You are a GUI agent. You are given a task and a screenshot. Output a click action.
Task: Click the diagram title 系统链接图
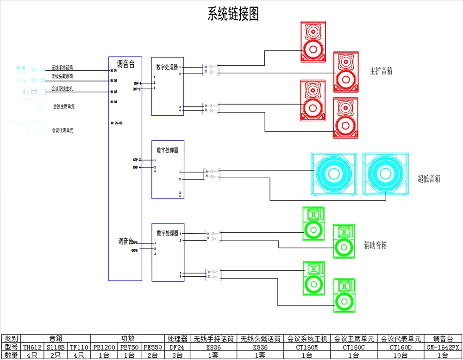pos(233,14)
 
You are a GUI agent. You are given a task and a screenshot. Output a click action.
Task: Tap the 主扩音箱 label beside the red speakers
pos(381,71)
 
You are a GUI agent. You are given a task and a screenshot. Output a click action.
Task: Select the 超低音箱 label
pos(429,179)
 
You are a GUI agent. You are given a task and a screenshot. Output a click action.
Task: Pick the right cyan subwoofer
pos(386,174)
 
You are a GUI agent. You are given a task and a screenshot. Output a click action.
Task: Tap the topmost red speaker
pos(313,42)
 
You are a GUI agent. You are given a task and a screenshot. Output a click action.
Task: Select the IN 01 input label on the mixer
pos(114,71)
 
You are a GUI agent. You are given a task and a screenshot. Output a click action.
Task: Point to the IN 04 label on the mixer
pos(114,101)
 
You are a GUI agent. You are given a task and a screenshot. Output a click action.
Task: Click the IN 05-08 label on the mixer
pos(117,123)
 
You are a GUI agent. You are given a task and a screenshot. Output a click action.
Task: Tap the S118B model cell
pos(56,347)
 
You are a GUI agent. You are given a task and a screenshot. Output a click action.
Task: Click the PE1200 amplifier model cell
pos(104,347)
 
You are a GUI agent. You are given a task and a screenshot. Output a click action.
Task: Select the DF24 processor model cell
pos(176,347)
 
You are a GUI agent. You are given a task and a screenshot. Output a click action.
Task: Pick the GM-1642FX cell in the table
pos(443,347)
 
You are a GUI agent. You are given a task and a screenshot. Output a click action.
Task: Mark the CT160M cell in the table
pos(307,347)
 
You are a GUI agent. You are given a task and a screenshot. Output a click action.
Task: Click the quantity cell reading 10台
pos(400,355)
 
